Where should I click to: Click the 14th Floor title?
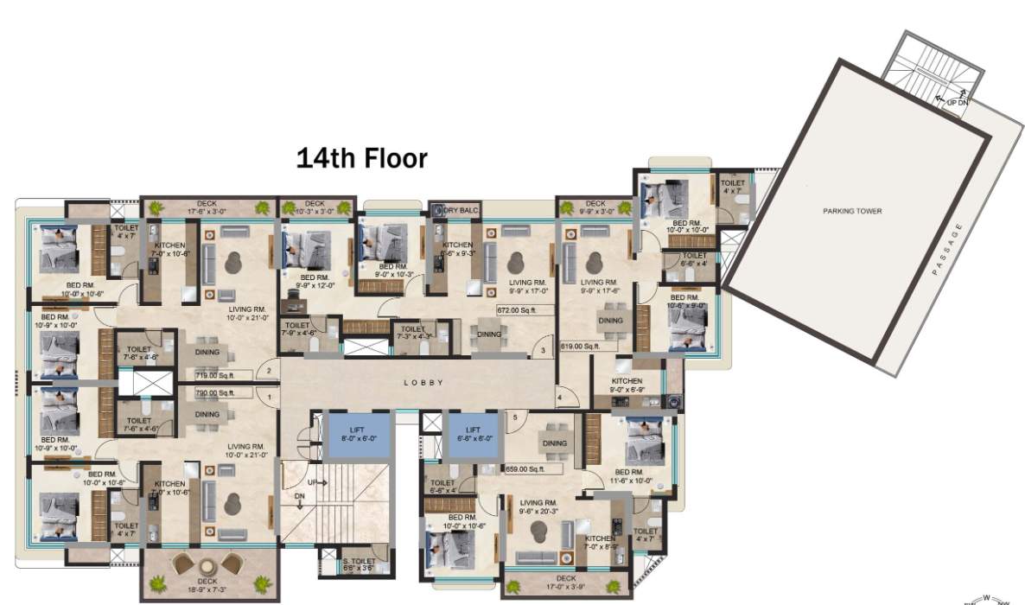[361, 158]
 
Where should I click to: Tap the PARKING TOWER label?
[851, 211]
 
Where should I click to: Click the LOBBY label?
[423, 382]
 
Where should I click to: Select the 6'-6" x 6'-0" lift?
[472, 433]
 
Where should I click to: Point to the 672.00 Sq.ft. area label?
[517, 308]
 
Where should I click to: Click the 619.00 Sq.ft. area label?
[580, 346]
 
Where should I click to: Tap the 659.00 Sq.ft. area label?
[525, 469]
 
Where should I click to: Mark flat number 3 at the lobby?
[542, 351]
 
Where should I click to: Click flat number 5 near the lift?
[515, 417]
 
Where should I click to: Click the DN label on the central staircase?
[298, 497]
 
